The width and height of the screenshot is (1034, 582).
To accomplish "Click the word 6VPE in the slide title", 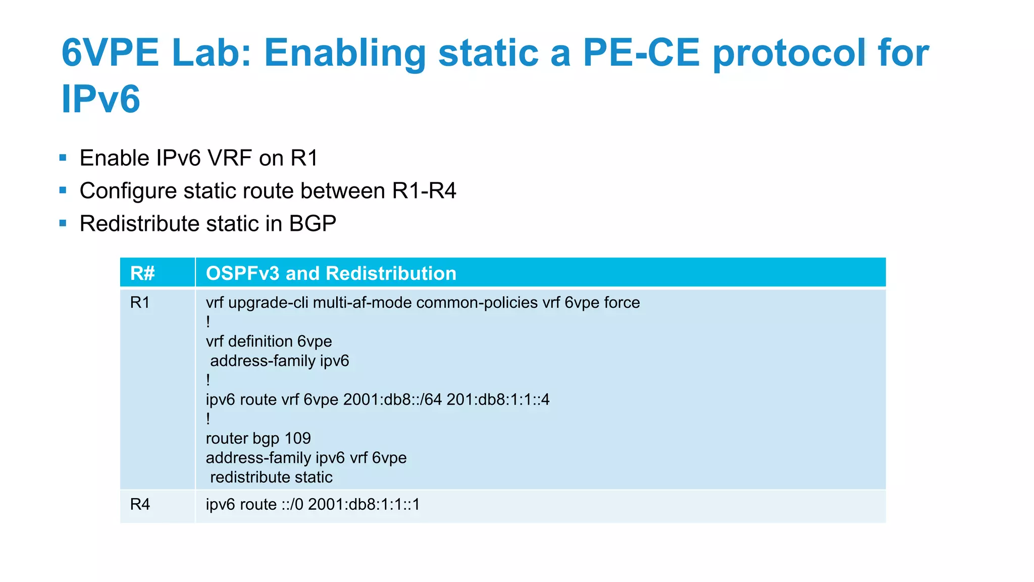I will point(110,53).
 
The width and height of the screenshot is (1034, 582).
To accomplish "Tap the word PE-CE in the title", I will point(641,53).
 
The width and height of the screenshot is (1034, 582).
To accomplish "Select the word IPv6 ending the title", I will point(100,99).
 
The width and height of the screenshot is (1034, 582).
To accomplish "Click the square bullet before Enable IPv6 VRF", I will point(63,158).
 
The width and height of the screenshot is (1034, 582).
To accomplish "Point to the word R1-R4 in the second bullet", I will point(424,191).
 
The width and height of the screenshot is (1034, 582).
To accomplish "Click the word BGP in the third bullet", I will point(313,224).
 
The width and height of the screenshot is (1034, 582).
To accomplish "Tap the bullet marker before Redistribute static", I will point(63,223).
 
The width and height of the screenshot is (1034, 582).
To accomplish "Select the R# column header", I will point(142,273).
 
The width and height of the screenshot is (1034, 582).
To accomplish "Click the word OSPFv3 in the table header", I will point(242,273).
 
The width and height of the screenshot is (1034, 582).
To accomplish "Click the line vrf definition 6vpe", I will point(269,342).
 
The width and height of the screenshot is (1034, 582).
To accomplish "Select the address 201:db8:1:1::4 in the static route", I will point(498,400).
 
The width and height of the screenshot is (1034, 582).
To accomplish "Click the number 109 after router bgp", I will point(297,439).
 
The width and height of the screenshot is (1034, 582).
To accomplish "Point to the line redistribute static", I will point(271,477).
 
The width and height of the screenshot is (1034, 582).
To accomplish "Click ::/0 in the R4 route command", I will point(292,504).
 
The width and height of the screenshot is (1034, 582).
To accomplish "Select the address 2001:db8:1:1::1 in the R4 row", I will point(364,504).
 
